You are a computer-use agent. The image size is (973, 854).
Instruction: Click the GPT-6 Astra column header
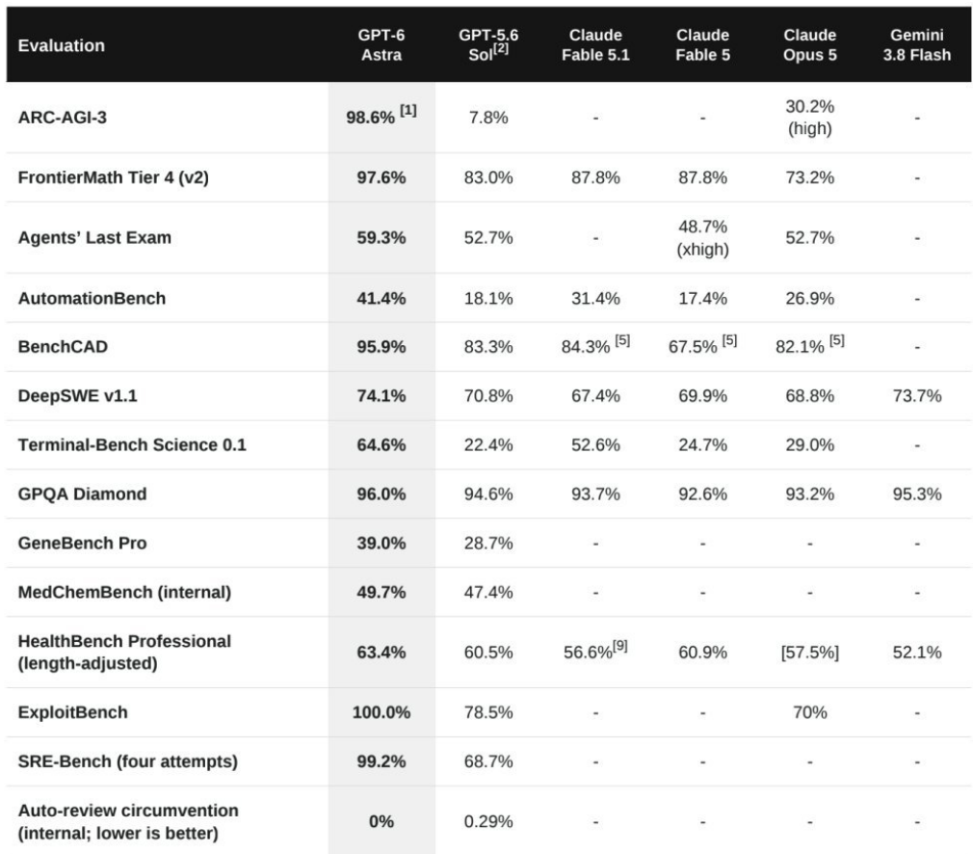tap(381, 44)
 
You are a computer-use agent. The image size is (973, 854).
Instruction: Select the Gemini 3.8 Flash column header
tap(916, 44)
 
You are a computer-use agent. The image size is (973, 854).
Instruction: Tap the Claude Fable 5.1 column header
tap(595, 44)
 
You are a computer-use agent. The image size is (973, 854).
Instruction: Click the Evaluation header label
tap(62, 45)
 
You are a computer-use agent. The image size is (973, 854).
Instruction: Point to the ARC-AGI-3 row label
tap(62, 118)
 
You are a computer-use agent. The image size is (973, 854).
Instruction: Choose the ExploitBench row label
tap(72, 711)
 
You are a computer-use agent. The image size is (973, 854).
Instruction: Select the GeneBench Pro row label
tap(83, 543)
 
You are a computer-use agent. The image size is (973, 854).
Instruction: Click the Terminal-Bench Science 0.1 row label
tap(132, 444)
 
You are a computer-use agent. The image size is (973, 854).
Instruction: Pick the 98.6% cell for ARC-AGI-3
tap(381, 116)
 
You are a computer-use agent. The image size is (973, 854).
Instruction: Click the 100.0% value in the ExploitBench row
tap(381, 711)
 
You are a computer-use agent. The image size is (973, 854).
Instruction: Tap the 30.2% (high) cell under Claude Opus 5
tap(809, 118)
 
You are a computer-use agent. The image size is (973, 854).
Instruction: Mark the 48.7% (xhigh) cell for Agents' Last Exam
tap(702, 238)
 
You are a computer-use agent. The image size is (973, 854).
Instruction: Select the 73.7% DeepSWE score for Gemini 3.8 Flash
tap(916, 395)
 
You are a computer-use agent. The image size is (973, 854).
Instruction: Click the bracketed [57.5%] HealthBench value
tap(809, 653)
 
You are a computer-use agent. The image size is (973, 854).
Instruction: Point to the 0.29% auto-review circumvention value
tap(488, 821)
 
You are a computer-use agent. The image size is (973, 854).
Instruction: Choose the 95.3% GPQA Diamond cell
tap(916, 494)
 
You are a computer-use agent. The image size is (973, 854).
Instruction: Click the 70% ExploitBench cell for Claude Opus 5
tap(809, 711)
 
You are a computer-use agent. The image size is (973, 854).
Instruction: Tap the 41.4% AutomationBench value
tap(381, 298)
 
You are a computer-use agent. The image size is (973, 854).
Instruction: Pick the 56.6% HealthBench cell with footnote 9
tap(595, 651)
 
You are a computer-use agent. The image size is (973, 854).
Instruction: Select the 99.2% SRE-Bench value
tap(381, 761)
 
